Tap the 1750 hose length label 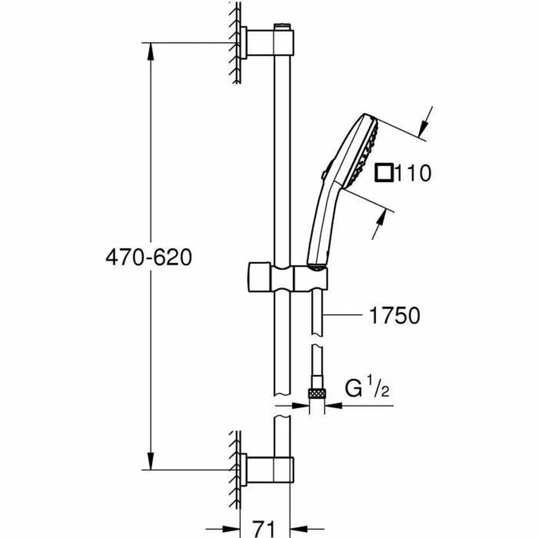pyautogui.click(x=395, y=316)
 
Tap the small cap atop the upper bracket pyautogui.click(x=282, y=27)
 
